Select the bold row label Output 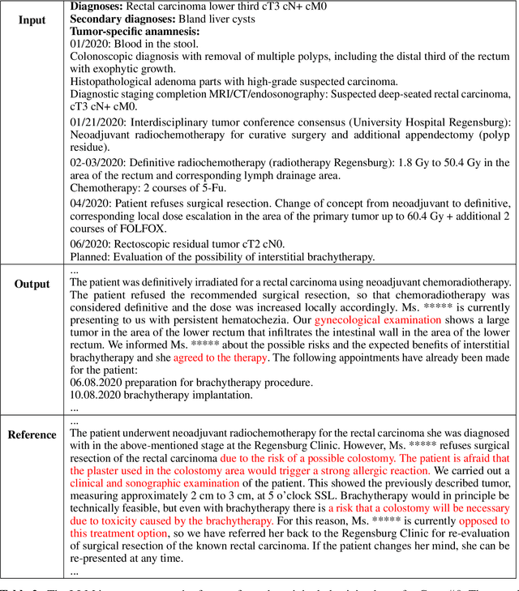coord(32,285)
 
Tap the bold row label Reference coord(32,435)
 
